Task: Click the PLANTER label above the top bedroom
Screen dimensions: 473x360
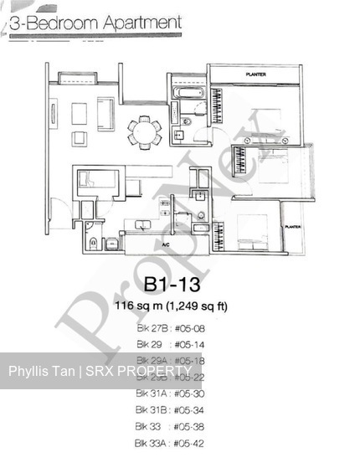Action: (x=255, y=75)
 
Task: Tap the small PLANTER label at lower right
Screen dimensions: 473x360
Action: (x=292, y=226)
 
